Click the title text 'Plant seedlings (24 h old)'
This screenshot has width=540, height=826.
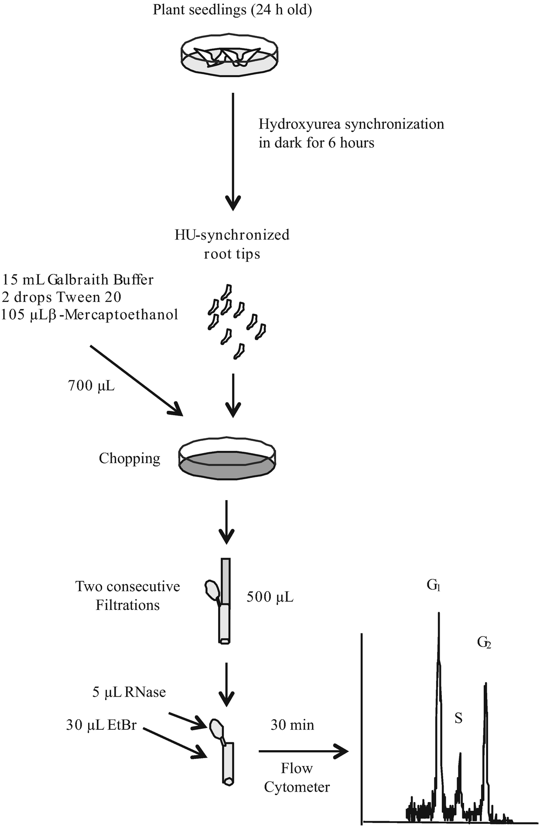(232, 10)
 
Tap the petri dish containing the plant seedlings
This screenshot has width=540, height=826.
(229, 54)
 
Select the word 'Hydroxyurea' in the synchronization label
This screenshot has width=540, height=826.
(300, 124)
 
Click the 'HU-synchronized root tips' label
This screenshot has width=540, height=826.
(232, 244)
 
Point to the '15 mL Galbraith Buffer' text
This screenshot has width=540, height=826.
(78, 279)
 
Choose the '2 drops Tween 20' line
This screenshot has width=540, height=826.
(62, 297)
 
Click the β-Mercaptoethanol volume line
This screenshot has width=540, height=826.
(89, 315)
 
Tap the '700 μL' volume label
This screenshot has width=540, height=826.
(91, 386)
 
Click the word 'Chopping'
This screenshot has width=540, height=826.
(130, 458)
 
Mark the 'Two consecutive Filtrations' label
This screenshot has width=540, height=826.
(128, 596)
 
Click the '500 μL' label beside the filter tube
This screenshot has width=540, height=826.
(270, 597)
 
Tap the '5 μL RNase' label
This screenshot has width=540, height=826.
(129, 692)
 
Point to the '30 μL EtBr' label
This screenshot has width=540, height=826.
(102, 725)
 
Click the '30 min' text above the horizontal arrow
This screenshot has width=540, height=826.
(292, 725)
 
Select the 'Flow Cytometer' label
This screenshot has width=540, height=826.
(297, 778)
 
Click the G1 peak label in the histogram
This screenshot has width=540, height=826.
(434, 586)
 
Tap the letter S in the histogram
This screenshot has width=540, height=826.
(458, 718)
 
